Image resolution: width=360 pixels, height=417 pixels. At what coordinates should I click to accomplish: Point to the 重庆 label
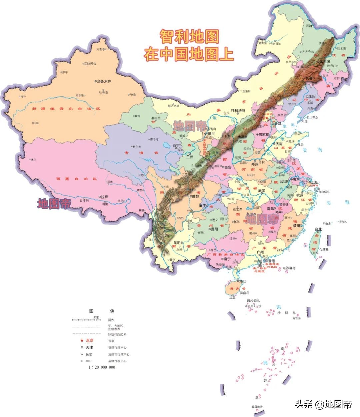coord(204,206)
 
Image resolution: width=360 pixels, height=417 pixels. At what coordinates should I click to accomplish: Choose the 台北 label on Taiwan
coord(318,229)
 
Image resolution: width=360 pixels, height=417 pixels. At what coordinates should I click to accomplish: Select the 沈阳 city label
coord(312,96)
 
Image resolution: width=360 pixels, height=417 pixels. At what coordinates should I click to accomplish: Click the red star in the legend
coord(81,340)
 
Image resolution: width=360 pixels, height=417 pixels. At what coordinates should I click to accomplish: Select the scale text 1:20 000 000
coord(102,367)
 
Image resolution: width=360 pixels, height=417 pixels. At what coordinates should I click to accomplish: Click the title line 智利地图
coord(189,37)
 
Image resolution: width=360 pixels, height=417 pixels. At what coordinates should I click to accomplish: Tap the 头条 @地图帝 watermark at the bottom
coord(323,404)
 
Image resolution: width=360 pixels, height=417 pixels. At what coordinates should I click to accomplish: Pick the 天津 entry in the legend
coord(89,347)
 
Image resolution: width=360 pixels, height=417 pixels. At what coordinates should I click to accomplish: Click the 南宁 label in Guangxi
coord(227,258)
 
